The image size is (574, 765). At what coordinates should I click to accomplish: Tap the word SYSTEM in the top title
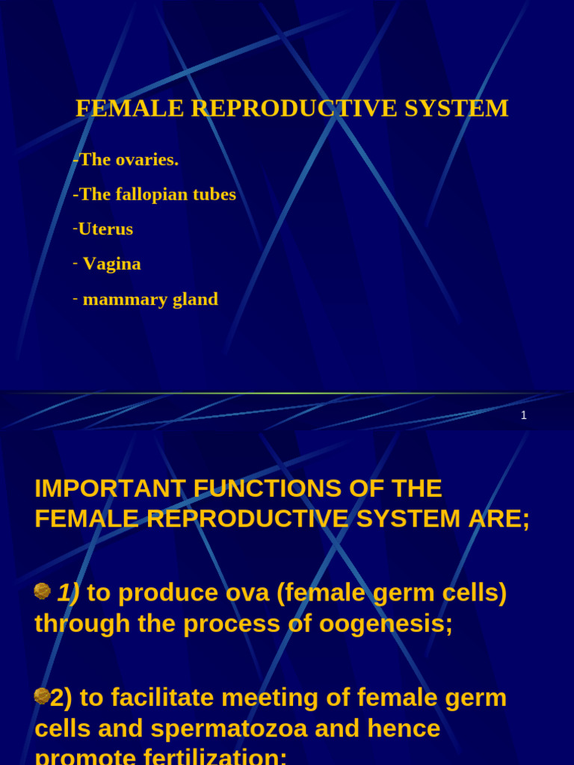tap(463, 108)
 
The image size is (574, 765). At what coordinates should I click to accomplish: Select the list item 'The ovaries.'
tap(128, 159)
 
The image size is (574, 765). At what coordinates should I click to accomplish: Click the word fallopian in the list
tap(149, 194)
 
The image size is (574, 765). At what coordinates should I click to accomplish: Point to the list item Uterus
tap(105, 229)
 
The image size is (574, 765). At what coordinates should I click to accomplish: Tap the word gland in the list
tap(192, 300)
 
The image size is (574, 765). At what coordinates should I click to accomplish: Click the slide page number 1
tap(524, 415)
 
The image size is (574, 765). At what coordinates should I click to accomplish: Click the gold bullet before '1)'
tap(43, 592)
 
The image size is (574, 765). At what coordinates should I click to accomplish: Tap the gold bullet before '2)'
tap(43, 696)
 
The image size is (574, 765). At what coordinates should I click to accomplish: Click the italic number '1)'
tap(68, 593)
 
